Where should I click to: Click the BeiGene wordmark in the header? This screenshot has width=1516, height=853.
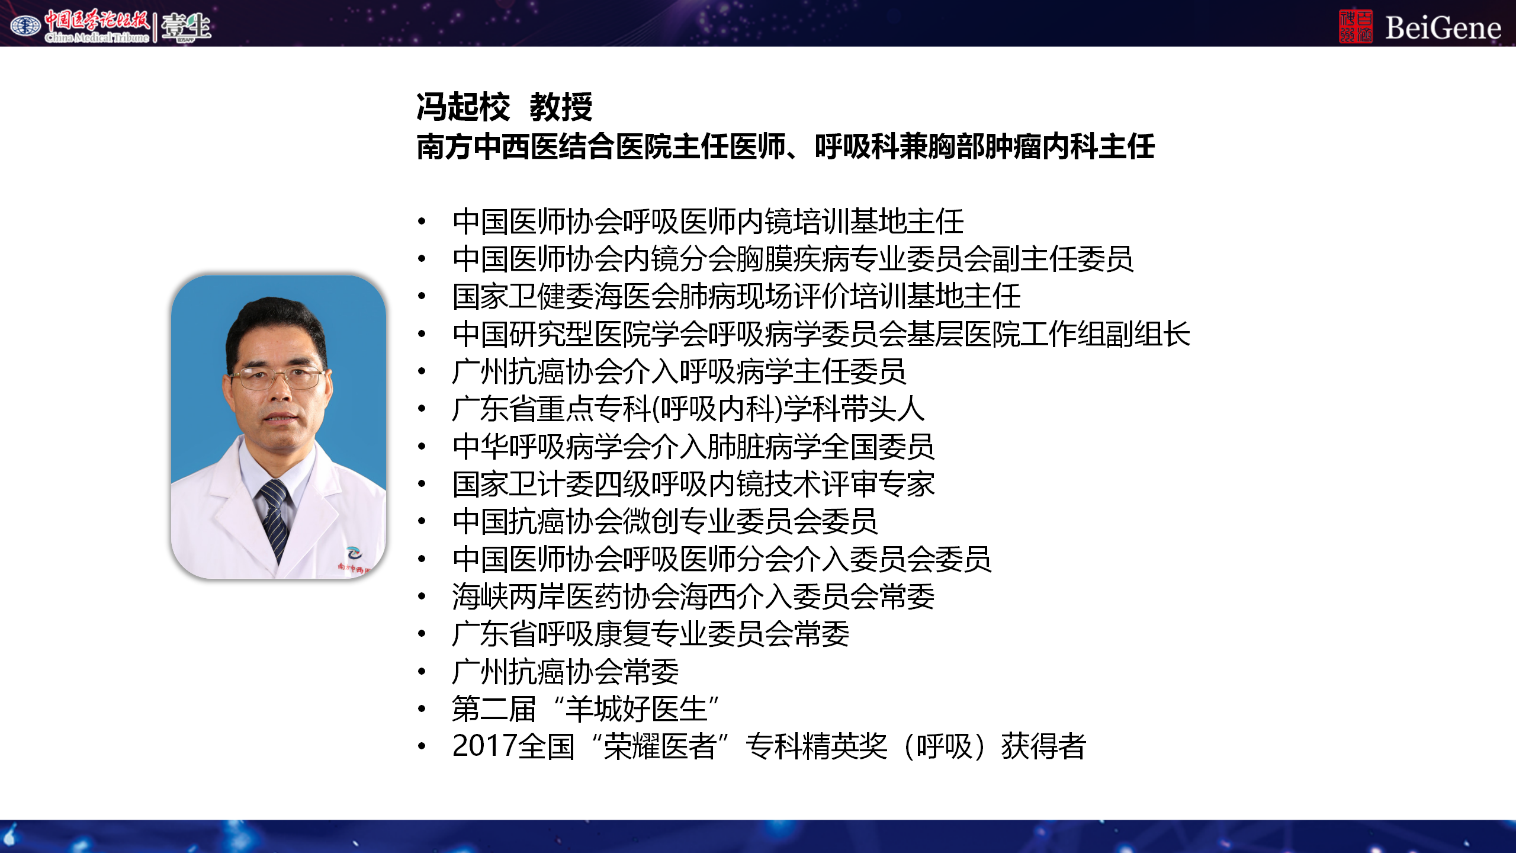(1443, 28)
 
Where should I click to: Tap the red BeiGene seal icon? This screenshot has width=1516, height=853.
(1356, 26)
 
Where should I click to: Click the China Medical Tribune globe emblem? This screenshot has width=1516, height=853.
(25, 25)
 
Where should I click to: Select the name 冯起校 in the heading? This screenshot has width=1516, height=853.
(463, 107)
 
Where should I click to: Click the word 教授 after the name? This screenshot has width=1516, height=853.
(561, 107)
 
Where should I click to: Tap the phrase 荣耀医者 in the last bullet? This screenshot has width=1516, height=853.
(660, 746)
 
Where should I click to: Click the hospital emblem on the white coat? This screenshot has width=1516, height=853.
(354, 554)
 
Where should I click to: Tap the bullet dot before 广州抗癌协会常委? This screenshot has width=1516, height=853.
(422, 672)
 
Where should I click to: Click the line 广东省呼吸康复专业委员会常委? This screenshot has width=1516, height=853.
(651, 634)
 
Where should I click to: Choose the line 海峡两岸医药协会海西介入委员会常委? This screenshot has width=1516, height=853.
(693, 597)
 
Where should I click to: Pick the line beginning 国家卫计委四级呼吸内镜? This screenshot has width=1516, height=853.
(693, 484)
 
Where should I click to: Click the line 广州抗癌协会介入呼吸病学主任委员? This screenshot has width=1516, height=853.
(679, 371)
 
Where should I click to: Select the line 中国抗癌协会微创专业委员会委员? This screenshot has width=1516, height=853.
(665, 521)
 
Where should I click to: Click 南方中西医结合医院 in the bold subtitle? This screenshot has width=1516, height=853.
(544, 146)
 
